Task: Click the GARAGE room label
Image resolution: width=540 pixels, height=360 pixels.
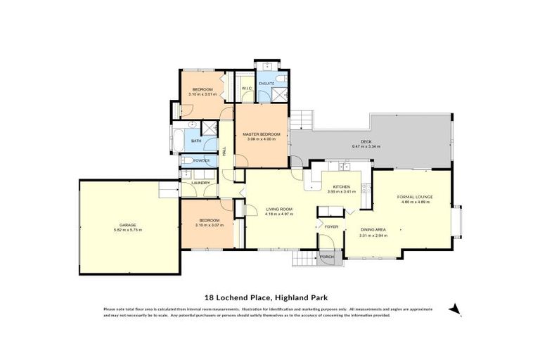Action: tap(127, 225)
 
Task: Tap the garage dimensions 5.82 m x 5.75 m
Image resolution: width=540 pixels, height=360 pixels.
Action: tap(127, 230)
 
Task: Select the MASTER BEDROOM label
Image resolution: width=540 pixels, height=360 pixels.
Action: tap(262, 134)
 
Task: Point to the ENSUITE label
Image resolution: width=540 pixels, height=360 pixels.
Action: tap(266, 83)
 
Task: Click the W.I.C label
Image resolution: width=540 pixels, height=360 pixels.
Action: tap(246, 88)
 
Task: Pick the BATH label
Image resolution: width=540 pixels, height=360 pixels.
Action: tap(196, 141)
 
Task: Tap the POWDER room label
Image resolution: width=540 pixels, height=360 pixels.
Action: tap(200, 160)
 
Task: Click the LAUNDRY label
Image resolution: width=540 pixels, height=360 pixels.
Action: tap(200, 183)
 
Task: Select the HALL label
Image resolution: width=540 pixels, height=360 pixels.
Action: tap(224, 150)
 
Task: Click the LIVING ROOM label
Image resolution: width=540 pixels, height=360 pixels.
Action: tap(278, 209)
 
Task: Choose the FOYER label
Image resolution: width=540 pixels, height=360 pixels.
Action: tap(331, 227)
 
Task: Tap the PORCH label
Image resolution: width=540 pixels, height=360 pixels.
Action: tap(327, 257)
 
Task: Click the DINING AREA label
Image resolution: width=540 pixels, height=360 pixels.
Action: tap(373, 230)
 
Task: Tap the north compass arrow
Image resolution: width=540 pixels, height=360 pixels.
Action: tap(455, 309)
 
